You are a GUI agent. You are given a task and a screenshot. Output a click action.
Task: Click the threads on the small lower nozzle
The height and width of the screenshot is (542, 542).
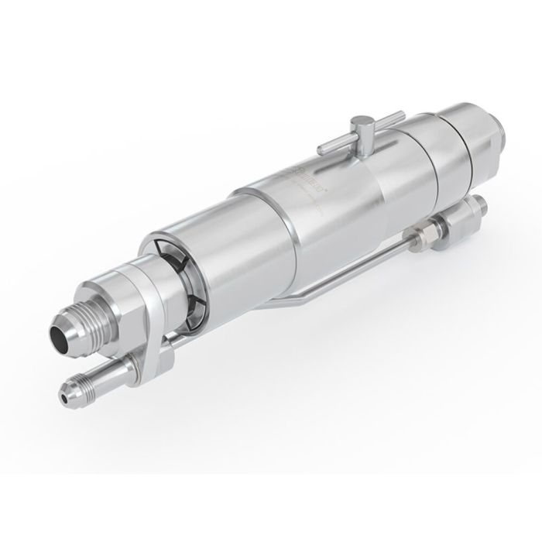[81, 386]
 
